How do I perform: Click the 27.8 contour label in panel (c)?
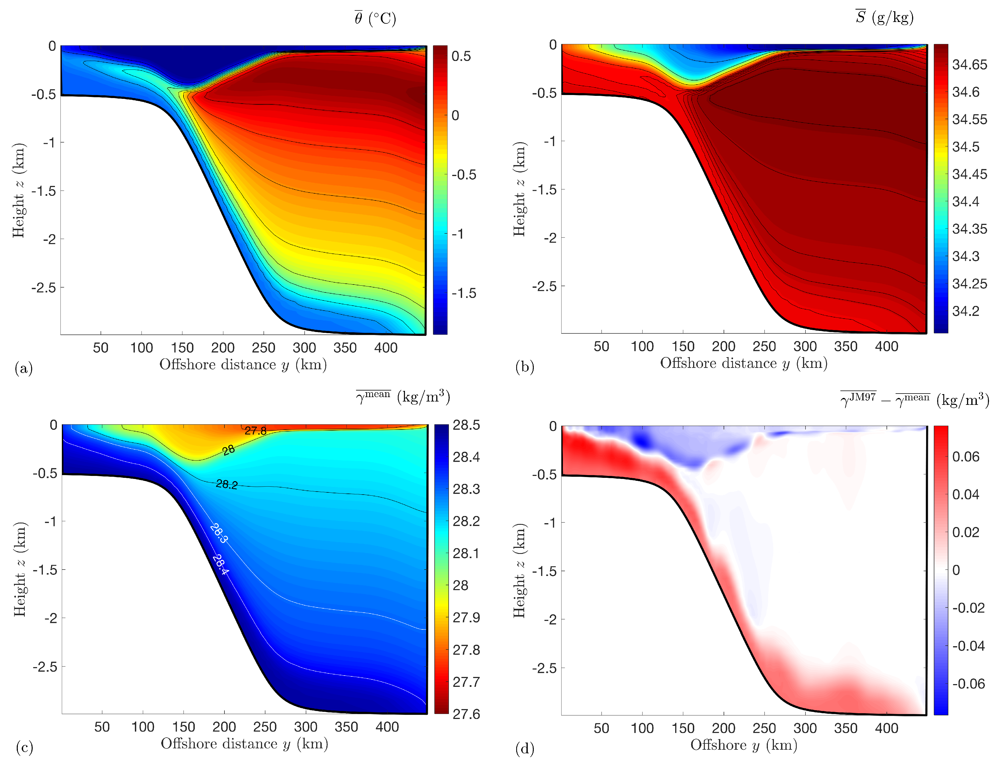pyautogui.click(x=255, y=431)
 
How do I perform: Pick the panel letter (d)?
pyautogui.click(x=524, y=748)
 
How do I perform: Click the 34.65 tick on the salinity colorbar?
pyautogui.click(x=970, y=65)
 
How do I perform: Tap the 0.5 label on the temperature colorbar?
pyautogui.click(x=461, y=56)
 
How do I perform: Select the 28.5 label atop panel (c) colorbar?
pyautogui.click(x=466, y=425)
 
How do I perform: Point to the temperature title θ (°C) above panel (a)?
pyautogui.click(x=375, y=18)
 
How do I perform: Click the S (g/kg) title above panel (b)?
pyautogui.click(x=884, y=17)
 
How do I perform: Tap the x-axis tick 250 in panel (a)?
pyautogui.click(x=263, y=348)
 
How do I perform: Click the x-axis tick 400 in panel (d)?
pyautogui.click(x=886, y=728)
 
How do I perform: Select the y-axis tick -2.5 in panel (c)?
pyautogui.click(x=45, y=667)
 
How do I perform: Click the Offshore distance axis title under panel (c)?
pyautogui.click(x=244, y=743)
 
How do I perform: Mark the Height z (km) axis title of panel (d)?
pyautogui.click(x=519, y=570)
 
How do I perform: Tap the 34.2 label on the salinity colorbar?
pyautogui.click(x=965, y=311)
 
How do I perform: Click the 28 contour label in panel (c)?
pyautogui.click(x=228, y=450)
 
